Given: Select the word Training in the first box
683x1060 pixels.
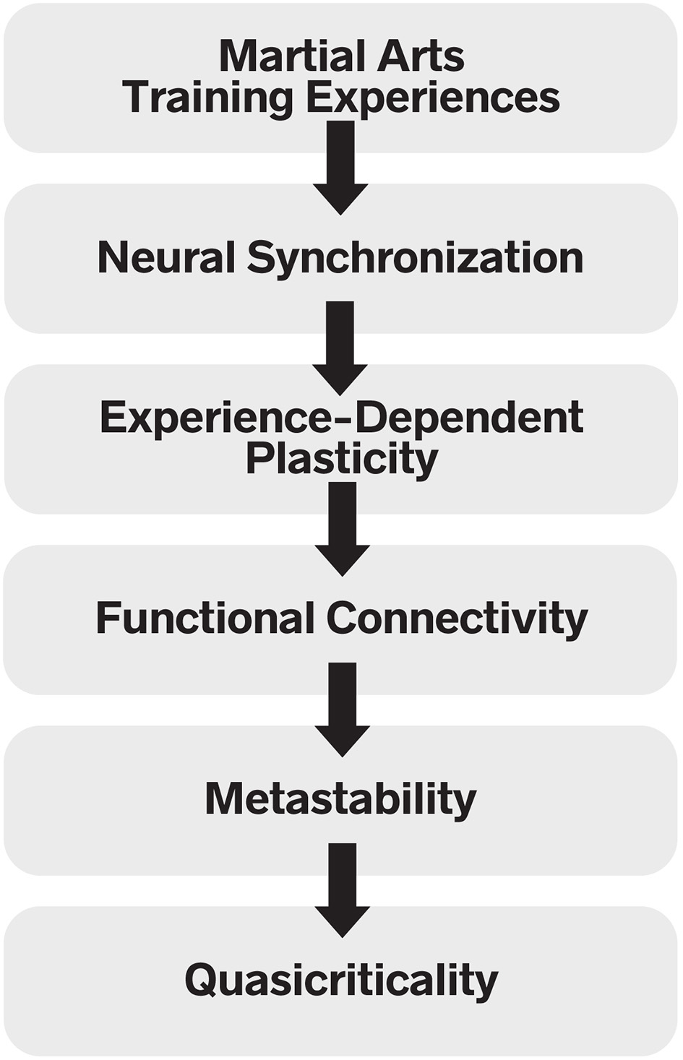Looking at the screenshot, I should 207,98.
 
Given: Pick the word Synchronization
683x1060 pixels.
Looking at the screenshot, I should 415,259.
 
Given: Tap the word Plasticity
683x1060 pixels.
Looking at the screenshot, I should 341,459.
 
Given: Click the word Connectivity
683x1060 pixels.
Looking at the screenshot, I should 457,619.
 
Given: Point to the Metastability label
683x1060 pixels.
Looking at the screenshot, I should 340,800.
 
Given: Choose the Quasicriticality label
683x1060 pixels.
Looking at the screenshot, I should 341,981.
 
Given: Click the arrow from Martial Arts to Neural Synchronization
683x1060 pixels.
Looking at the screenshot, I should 340,166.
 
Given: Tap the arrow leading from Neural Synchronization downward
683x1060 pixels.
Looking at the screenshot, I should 340,347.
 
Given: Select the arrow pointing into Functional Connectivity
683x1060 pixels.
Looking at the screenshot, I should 342,527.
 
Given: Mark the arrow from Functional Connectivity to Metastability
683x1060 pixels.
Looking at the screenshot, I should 342,708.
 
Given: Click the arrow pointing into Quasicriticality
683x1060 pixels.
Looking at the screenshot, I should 342,889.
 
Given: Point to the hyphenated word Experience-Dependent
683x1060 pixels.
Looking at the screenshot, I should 341,418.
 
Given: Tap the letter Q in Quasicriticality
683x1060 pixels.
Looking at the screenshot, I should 201,981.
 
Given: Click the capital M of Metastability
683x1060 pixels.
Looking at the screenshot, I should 223,799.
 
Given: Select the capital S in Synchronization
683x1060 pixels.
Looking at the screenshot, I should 261,257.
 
